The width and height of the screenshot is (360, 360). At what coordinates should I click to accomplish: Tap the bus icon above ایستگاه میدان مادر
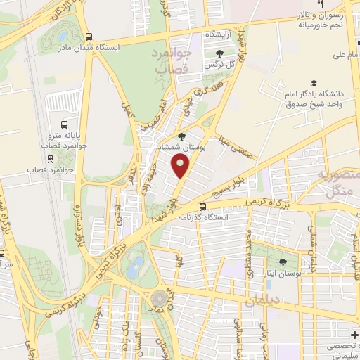[x=89, y=37]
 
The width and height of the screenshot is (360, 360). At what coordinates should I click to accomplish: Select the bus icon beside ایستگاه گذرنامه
[x=203, y=207]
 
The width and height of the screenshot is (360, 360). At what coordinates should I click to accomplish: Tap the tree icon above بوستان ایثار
[x=283, y=262]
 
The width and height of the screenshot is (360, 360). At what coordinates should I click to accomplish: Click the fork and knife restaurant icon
[x=321, y=6]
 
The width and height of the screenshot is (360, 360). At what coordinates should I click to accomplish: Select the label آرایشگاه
[x=218, y=34]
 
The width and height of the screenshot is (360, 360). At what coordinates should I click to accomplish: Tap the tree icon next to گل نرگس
[x=220, y=53]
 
